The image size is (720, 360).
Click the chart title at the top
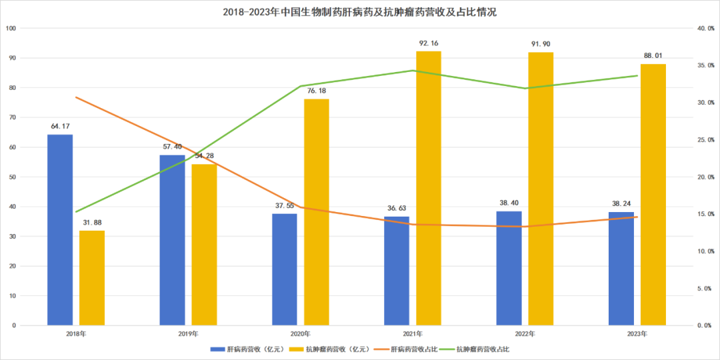[x=359, y=12]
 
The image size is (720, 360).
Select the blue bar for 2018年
[x=60, y=230]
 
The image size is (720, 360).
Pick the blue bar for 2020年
[x=285, y=269]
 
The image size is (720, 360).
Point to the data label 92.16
[x=429, y=43]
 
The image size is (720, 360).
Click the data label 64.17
[x=60, y=126]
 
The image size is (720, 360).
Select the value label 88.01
[x=653, y=56]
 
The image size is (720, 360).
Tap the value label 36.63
[x=397, y=209]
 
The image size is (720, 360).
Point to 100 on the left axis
[x=11, y=29]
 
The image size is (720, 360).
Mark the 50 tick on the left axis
[x=13, y=177]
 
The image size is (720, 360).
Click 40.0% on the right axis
[x=705, y=29]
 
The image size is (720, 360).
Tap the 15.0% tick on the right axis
[x=705, y=214]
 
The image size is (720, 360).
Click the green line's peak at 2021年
[x=413, y=71]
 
